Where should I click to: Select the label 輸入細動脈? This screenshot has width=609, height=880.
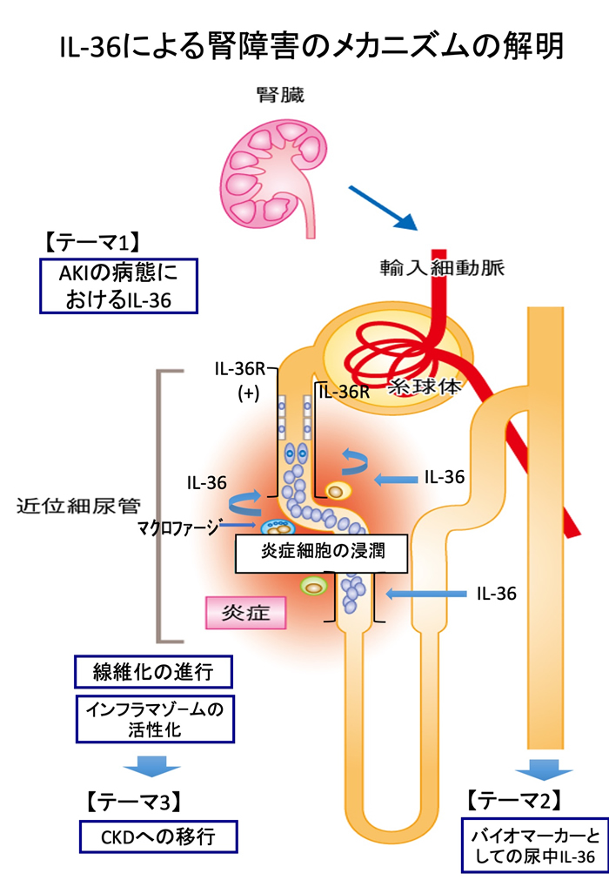coord(441,266)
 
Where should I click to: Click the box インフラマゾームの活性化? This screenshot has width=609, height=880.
coord(155,718)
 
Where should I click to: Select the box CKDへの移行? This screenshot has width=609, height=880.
coord(157,837)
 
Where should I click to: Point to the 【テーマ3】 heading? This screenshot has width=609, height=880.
coord(132,798)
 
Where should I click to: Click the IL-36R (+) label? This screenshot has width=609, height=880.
coord(244,380)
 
